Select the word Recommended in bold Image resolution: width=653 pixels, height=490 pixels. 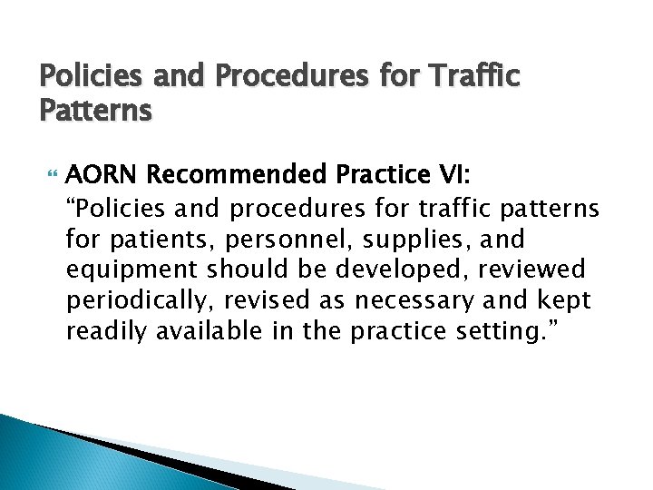coord(221,172)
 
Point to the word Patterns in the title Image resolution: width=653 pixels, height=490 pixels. coord(95,110)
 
